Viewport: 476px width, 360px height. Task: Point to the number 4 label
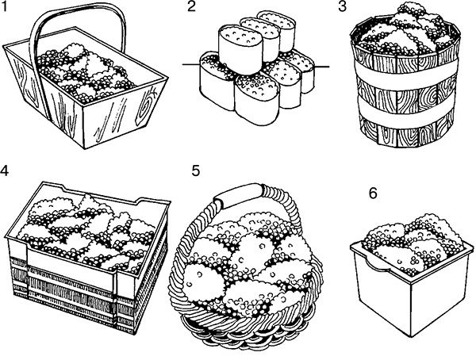point(8,169)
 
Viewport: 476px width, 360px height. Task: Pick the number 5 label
point(196,170)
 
